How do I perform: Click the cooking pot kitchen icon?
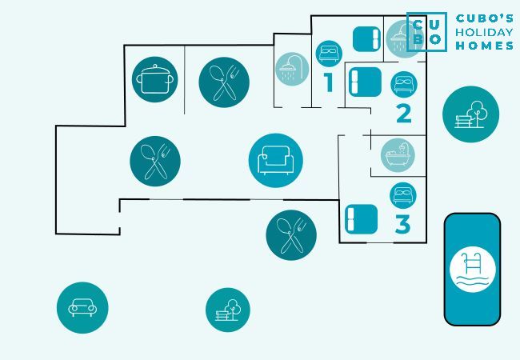[x=155, y=80]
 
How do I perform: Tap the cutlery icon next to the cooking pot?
[x=224, y=82]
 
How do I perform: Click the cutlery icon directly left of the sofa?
[x=155, y=160]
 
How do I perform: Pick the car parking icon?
[x=82, y=307]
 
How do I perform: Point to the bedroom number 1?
[x=327, y=82]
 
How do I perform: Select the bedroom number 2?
[x=403, y=113]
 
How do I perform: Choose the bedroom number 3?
[x=402, y=225]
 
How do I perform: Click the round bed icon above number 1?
[x=329, y=54]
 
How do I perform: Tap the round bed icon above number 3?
[x=403, y=195]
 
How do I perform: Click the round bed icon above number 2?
[x=404, y=84]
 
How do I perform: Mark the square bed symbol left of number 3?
[x=361, y=219]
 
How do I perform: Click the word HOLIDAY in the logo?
[x=485, y=32]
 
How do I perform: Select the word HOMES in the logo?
[x=485, y=46]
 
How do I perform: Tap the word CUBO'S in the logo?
[x=485, y=18]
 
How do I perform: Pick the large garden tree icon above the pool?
[x=470, y=114]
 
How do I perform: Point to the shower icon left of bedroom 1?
[x=292, y=69]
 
